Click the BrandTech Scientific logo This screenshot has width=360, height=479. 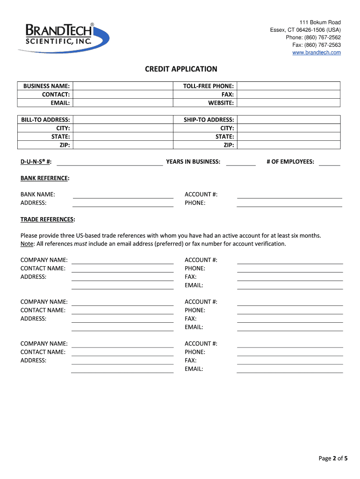pos(63,37)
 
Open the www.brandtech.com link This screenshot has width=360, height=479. pos(317,52)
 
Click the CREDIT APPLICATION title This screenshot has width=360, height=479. pos(181,69)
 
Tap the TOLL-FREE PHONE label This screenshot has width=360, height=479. pos(209,86)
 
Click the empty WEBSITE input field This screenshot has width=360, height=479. pos(288,103)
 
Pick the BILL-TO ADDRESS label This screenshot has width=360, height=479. pos(45,120)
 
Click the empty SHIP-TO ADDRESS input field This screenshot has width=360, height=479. pos(288,120)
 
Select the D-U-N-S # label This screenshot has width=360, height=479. pos(36,162)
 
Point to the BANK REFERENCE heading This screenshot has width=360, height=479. pos(45,178)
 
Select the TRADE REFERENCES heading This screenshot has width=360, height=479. pos(47,219)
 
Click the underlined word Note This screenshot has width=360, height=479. pos(27,244)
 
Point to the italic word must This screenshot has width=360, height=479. pos(80,244)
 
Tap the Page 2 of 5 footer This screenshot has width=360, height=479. pos(333,458)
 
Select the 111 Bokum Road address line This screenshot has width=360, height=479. pos(320,22)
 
